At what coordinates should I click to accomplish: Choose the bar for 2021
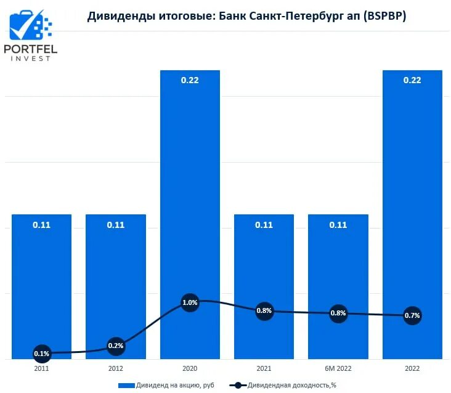pyautogui.click(x=264, y=271)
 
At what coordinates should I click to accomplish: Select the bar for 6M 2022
pyautogui.click(x=338, y=271)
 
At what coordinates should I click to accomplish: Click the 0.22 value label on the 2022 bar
pyautogui.click(x=412, y=80)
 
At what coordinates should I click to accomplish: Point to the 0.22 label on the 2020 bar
pyautogui.click(x=190, y=80)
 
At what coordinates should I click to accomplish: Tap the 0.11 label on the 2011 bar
pyautogui.click(x=41, y=225)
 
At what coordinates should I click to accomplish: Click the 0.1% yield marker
pyautogui.click(x=41, y=354)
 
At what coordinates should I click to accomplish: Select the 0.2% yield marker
pyautogui.click(x=116, y=346)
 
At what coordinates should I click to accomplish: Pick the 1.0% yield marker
pyautogui.click(x=190, y=302)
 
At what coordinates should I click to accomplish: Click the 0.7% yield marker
pyautogui.click(x=412, y=316)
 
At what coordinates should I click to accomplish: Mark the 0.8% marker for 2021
pyautogui.click(x=264, y=311)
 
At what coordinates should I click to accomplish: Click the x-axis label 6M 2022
pyautogui.click(x=338, y=368)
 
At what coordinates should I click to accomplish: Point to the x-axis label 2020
pyautogui.click(x=190, y=368)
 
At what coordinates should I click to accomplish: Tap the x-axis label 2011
pyautogui.click(x=41, y=368)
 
